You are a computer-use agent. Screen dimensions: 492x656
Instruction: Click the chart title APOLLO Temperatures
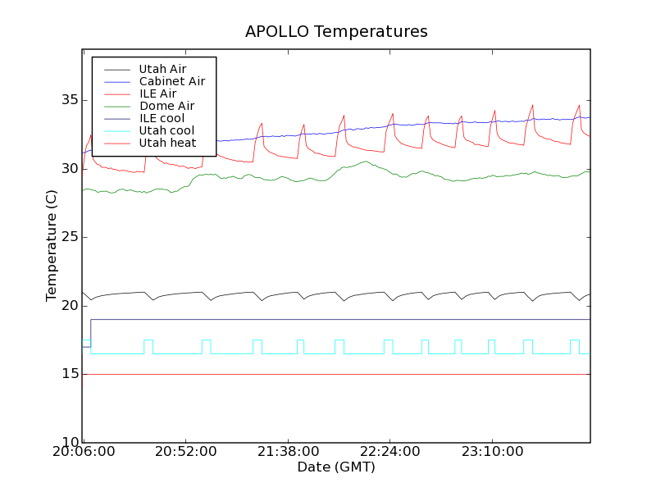tap(336, 32)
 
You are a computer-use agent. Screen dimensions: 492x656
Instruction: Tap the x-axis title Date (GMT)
tap(336, 467)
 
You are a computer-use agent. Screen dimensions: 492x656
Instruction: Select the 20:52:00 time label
tap(185, 452)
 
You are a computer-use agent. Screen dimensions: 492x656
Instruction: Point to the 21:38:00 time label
tap(288, 452)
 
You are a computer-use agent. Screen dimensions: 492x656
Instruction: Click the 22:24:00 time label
tap(390, 452)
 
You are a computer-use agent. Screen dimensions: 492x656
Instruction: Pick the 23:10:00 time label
tap(493, 452)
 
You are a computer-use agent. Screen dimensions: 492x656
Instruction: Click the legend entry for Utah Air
tap(162, 69)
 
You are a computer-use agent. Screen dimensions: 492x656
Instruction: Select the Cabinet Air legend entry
tap(171, 81)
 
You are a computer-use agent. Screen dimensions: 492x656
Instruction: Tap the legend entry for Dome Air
tap(166, 106)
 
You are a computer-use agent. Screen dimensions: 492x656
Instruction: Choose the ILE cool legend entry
tap(162, 118)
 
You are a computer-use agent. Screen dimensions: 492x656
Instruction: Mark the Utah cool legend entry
tap(166, 130)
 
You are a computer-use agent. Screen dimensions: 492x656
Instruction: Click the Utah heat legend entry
tap(167, 143)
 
